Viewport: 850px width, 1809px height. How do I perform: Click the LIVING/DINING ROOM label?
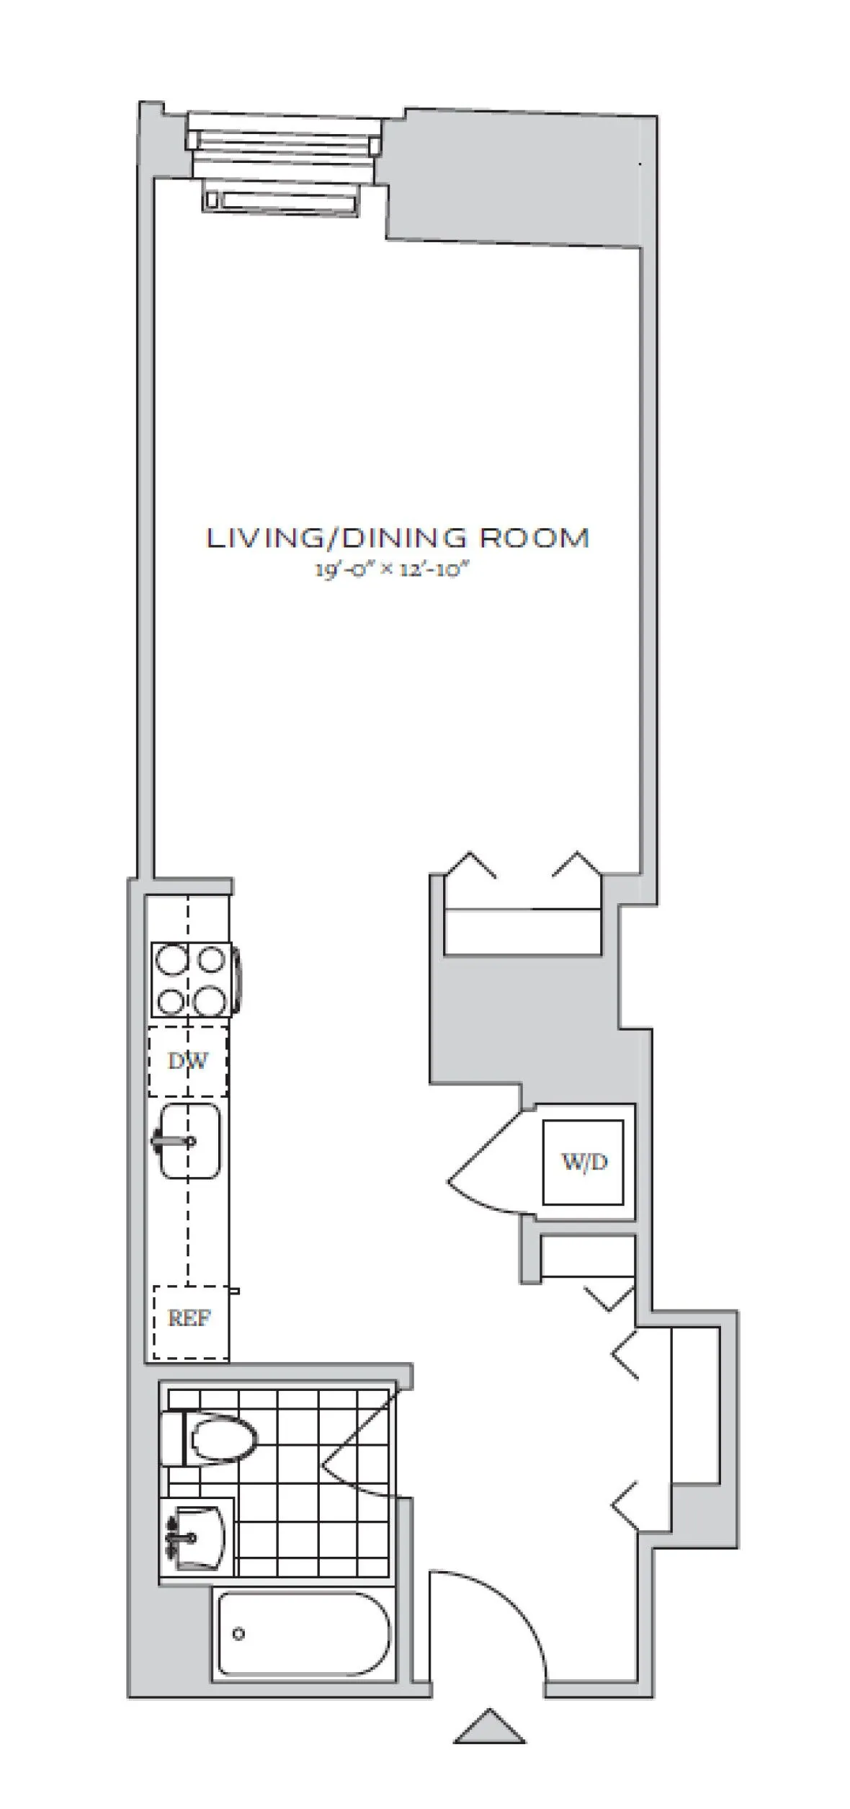[398, 538]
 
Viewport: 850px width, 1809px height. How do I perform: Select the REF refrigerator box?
[189, 1318]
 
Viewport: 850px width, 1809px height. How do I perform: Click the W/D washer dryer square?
[583, 1161]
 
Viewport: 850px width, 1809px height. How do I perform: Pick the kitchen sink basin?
[189, 1141]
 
